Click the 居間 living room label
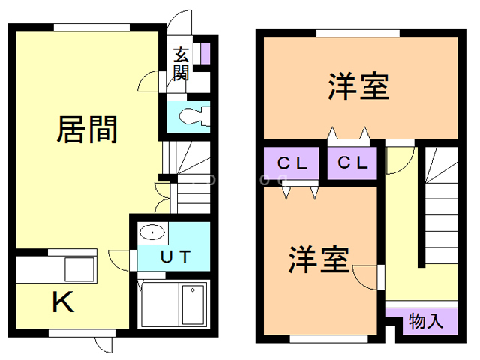click(x=87, y=130)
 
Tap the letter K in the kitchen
click(x=63, y=301)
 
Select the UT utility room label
click(x=175, y=256)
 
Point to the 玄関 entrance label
click(x=181, y=64)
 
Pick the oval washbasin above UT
click(x=152, y=232)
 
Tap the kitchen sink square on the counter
click(x=79, y=269)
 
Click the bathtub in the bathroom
click(x=193, y=304)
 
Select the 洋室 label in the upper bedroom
click(x=358, y=86)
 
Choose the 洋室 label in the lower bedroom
click(x=319, y=259)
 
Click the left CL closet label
click(x=292, y=163)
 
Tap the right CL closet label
click(x=352, y=163)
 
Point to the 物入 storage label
click(x=426, y=321)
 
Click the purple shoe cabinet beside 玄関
click(x=205, y=54)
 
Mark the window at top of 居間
click(x=91, y=28)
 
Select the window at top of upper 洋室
click(x=358, y=33)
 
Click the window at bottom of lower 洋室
click(x=328, y=339)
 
